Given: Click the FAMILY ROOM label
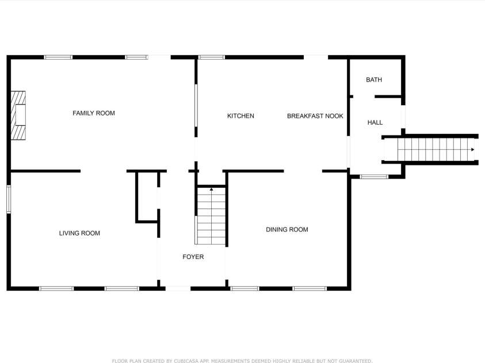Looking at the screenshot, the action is coord(94,113).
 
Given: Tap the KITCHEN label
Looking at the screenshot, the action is coord(240,116).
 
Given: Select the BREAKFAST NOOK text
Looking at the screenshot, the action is coord(315,116).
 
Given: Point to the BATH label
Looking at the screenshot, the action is coord(374,80).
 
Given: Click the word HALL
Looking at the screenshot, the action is coord(375,122).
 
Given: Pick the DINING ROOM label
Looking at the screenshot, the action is coord(287,230).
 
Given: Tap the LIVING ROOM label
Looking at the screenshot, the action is coord(79,233).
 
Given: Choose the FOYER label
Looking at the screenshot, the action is coord(193,257).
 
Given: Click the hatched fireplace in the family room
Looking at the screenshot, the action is coord(18,115).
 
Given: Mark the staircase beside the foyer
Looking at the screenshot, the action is coord(211,215).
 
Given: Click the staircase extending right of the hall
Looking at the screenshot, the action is coord(430,150).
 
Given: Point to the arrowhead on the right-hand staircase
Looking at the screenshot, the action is coord(472,150).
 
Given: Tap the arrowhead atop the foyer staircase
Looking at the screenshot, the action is coord(211,189).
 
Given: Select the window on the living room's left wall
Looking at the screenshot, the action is coord(9,199).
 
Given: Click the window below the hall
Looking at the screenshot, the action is coord(374,177).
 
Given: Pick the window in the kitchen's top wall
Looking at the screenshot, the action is coord(212,57).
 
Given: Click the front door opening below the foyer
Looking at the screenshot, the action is coord(178,288).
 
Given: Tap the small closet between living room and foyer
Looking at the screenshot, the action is coord(147,196).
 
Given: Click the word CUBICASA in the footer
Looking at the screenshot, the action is coord(186,361).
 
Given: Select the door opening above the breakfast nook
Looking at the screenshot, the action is coord(316,57).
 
